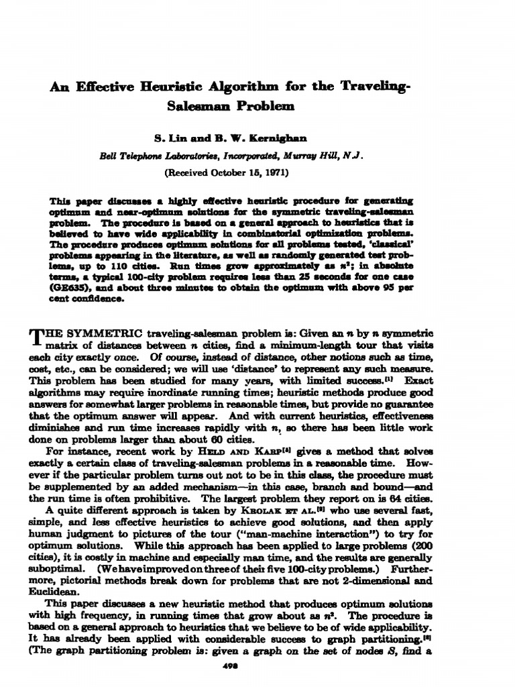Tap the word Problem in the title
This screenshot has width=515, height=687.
(x=264, y=106)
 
